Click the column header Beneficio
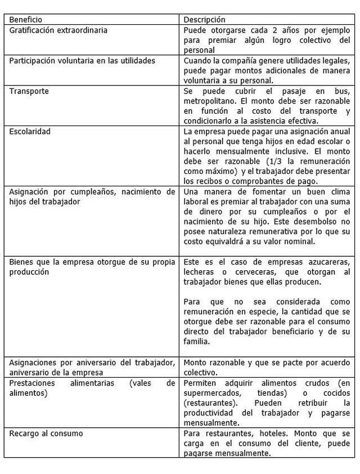coord(25,20)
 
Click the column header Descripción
coord(205,20)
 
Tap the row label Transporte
coord(29,91)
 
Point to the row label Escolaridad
coord(30,131)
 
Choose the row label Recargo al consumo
coord(46,433)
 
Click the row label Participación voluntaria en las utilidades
coord(82,60)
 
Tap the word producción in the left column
coord(29,272)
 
